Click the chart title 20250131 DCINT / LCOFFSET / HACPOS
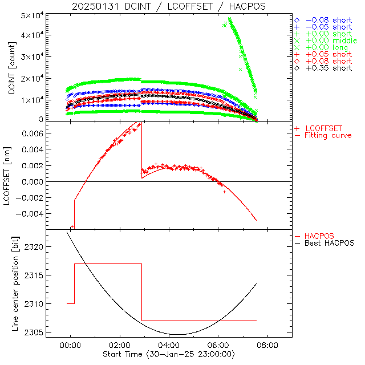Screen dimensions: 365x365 169,6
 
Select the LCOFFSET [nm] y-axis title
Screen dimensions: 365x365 10,177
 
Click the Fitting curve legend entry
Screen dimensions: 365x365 328,135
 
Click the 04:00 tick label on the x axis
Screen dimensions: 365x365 169,345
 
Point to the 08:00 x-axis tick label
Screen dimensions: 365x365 267,345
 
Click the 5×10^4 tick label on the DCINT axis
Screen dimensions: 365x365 33,15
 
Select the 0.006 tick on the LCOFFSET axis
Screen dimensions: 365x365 34,133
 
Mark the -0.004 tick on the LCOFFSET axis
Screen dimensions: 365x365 31,213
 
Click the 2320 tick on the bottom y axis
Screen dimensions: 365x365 36,247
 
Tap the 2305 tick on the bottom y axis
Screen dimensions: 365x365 36,332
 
